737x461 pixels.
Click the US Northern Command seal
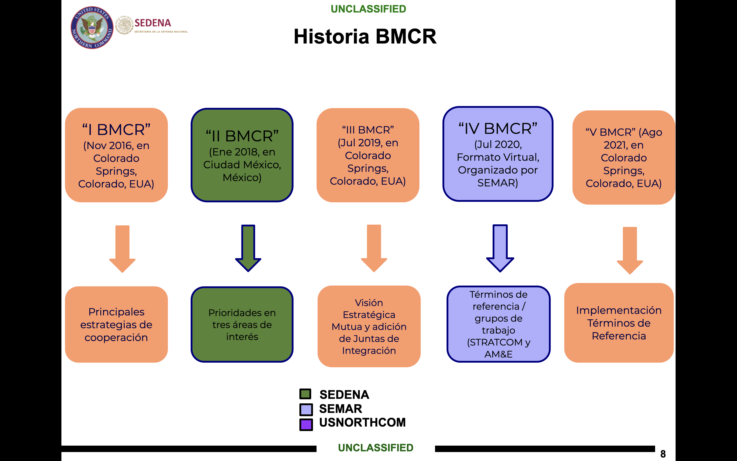[92, 27]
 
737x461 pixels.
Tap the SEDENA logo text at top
[153, 23]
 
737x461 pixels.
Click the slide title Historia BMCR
[365, 37]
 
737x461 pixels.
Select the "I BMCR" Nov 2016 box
[116, 155]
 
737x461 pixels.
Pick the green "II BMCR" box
[242, 155]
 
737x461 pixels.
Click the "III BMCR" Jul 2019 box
[368, 155]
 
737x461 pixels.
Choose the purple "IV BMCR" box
[498, 154]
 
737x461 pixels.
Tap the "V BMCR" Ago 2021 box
[624, 157]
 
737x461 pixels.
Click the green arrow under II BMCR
[248, 248]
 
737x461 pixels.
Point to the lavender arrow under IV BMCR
[500, 248]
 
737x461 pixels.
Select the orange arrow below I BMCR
[122, 248]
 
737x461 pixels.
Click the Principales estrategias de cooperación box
[116, 324]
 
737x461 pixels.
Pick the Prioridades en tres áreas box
[242, 324]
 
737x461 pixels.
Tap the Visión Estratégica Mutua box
[369, 326]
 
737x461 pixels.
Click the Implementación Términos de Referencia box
[619, 323]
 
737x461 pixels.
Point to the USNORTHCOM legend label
[362, 423]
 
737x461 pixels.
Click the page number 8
[663, 454]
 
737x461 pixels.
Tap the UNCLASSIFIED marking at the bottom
[375, 448]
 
